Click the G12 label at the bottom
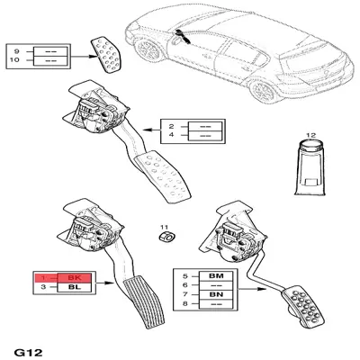[29, 353]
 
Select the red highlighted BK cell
[75, 278]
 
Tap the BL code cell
[75, 287]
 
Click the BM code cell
[216, 275]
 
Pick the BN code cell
[216, 294]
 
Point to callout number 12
[311, 135]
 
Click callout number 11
[164, 228]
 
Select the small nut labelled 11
[166, 237]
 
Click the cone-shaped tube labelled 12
[310, 168]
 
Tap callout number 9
[17, 51]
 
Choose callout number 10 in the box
[14, 60]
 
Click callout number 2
[171, 126]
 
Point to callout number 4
[171, 135]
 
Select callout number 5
[185, 275]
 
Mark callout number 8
[185, 303]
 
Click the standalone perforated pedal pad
[105, 55]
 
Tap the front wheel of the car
[148, 49]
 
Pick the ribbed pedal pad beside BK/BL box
[145, 302]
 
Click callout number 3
[43, 287]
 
